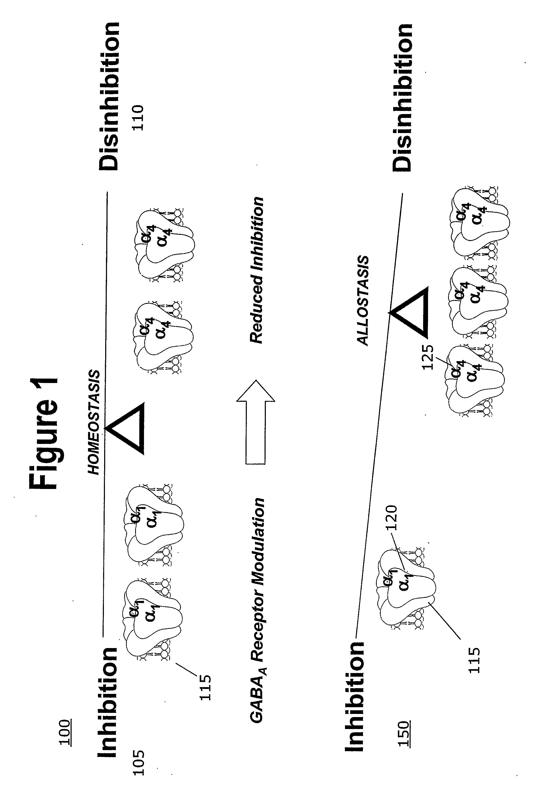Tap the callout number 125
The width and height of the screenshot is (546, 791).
coord(427,357)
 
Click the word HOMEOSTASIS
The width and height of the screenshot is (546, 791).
coord(94,422)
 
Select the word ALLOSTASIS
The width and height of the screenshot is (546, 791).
coord(363,300)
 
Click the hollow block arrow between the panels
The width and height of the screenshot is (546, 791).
coord(255,422)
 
